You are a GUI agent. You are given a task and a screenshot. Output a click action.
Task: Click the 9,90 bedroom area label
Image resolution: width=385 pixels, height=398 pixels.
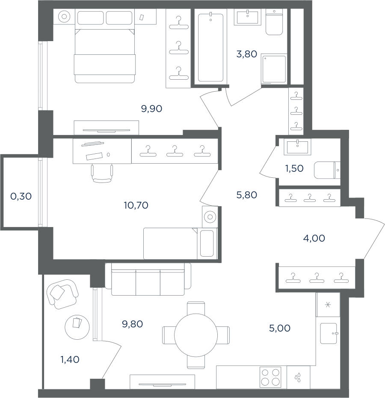pos(151,109)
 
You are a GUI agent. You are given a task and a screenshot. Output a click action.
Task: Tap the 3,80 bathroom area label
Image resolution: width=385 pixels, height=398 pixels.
pos(246,54)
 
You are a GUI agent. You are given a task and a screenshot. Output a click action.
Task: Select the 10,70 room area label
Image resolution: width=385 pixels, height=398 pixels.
pos(136,205)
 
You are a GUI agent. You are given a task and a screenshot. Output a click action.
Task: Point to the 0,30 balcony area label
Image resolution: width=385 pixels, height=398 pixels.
pos(21,196)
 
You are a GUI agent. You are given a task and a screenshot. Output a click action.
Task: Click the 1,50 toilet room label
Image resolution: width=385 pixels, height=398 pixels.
pos(294,168)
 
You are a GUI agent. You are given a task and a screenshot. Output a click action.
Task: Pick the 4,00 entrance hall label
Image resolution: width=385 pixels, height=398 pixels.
pos(314,238)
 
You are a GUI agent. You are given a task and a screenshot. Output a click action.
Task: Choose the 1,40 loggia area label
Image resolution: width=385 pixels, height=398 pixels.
pos(70,359)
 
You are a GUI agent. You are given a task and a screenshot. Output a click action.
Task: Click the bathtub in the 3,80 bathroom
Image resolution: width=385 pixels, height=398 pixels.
pos(210,48)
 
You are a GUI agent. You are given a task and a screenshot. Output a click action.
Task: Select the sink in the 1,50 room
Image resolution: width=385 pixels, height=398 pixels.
pos(297,147)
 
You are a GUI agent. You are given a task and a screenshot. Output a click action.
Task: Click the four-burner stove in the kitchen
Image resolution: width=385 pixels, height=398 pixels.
pos(270,377)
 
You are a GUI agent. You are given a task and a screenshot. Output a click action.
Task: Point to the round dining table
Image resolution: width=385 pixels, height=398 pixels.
pos(196,335)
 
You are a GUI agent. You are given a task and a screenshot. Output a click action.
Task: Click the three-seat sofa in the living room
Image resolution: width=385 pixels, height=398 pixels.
pos(148,279)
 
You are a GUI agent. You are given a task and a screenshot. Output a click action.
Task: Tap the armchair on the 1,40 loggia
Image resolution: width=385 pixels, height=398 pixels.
pos(62,294)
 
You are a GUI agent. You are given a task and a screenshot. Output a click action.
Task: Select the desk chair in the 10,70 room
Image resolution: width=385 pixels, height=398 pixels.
pos(102,174)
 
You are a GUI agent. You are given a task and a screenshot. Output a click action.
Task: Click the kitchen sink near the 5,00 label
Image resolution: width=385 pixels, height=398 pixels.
pos(329,333)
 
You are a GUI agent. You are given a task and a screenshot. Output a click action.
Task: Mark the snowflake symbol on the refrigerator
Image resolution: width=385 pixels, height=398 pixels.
pos(328,305)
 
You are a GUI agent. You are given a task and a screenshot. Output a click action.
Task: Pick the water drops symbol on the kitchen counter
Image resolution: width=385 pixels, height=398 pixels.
pos(298,377)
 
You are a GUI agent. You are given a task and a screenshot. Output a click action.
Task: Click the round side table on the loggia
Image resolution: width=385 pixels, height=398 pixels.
pos(77,327)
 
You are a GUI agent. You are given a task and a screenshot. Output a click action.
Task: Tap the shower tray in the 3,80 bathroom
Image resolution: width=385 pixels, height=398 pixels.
pos(274,69)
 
